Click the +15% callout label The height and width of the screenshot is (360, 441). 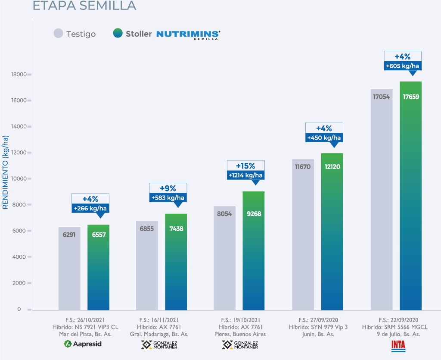click(245, 166)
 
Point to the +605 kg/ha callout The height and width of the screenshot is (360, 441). click(403, 66)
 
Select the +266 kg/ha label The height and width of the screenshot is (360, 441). click(90, 208)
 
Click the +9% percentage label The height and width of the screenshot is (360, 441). click(168, 188)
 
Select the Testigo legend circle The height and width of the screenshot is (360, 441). click(59, 34)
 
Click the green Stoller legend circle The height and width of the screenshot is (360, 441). click(118, 34)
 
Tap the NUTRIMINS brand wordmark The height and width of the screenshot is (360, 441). click(188, 34)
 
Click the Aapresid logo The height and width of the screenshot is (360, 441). click(83, 344)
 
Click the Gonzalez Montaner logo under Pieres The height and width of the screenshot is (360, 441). click(240, 344)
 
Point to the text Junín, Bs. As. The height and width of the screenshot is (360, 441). click(318, 334)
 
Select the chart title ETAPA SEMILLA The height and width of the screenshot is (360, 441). click(84, 6)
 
